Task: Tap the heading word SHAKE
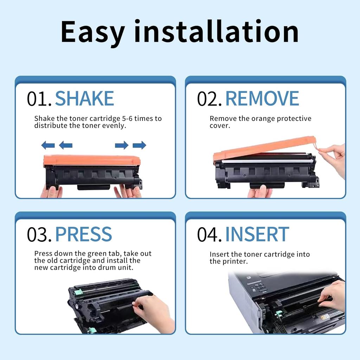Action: [x=84, y=98]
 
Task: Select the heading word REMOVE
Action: [x=262, y=98]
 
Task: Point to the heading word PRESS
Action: [x=83, y=234]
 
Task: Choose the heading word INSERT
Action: [x=257, y=234]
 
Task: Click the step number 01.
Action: [x=39, y=99]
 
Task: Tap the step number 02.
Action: [x=209, y=99]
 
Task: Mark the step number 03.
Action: [x=39, y=234]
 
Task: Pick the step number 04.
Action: [x=209, y=234]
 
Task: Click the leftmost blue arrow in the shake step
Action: [x=48, y=145]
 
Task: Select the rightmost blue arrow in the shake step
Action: [x=139, y=145]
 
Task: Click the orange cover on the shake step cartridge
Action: [x=92, y=160]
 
